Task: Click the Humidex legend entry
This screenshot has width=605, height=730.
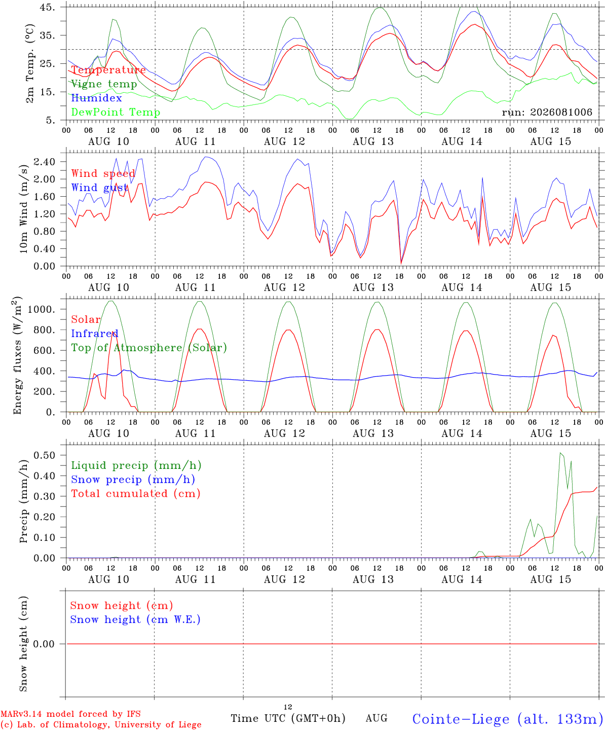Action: point(96,98)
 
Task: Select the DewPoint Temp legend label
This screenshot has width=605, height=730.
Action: point(116,112)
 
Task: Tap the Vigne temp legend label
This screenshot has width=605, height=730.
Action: point(104,84)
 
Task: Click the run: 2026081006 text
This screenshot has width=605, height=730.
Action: point(547,112)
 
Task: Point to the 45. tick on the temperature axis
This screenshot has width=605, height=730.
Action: point(47,7)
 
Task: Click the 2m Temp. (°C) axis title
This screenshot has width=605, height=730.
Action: point(30,64)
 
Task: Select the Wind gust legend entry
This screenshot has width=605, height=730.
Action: point(100,188)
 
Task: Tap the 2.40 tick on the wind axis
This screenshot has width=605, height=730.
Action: point(45,162)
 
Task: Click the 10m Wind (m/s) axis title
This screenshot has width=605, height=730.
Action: point(23,209)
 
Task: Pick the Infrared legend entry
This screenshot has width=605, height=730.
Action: point(95,334)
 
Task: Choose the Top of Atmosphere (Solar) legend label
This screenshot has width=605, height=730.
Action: point(149,348)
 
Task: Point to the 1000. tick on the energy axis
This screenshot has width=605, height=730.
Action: point(42,309)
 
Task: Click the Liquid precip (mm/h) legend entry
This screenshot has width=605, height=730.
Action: point(136,465)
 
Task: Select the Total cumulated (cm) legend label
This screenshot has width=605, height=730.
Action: point(136,493)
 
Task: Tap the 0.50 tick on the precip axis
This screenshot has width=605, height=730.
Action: point(45,455)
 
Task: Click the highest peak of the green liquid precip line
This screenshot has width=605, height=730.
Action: point(560,453)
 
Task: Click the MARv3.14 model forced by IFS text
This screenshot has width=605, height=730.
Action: point(70,714)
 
